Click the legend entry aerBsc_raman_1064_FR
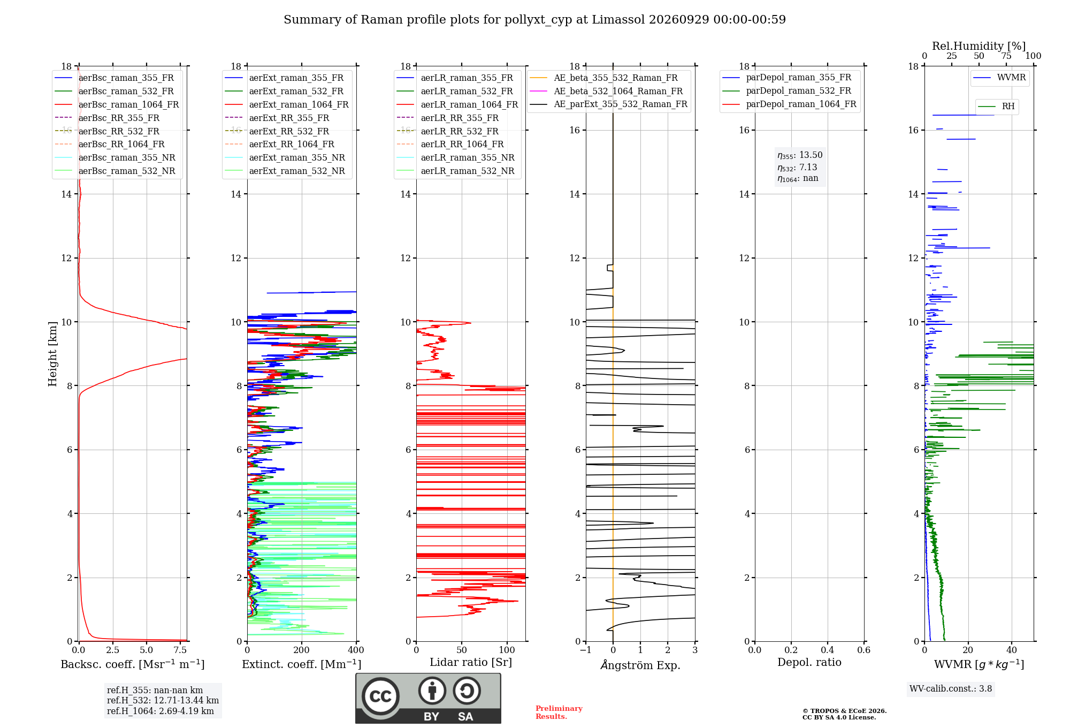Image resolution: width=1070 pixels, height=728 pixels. [117, 104]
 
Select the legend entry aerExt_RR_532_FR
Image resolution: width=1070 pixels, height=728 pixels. [277, 131]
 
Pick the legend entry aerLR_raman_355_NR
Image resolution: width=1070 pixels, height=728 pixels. [455, 157]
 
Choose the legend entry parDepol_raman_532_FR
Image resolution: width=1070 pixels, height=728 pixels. [786, 91]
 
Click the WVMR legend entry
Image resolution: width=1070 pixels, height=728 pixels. [999, 78]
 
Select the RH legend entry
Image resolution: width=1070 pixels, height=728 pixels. [996, 107]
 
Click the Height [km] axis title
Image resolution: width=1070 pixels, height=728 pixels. [52, 354]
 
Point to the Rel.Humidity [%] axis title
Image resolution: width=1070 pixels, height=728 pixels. [979, 46]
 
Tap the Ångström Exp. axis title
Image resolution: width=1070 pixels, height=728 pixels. [640, 665]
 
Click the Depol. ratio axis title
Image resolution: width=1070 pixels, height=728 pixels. [809, 662]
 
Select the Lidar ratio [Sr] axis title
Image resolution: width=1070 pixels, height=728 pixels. [471, 662]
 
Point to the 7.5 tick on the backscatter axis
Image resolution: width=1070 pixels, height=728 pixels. [180, 650]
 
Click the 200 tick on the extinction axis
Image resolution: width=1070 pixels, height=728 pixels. [302, 650]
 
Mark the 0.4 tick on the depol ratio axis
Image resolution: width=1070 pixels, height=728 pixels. [828, 650]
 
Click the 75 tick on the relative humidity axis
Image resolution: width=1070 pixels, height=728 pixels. [1006, 56]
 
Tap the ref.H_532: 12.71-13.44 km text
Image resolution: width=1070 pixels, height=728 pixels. [163, 700]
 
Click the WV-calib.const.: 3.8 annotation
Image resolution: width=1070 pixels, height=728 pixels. [951, 689]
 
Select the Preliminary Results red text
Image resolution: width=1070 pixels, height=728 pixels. [559, 712]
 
